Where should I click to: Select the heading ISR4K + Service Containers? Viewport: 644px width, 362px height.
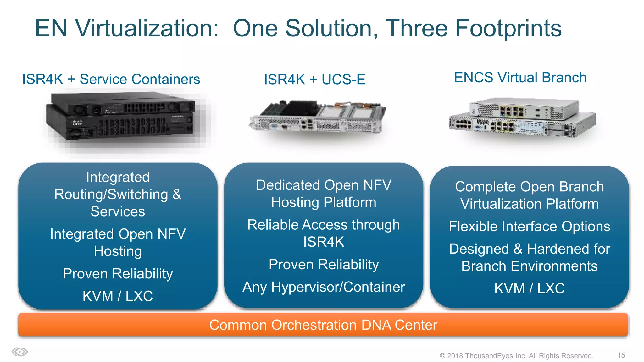(x=111, y=79)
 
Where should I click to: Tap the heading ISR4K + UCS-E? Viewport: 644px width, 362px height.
(x=314, y=80)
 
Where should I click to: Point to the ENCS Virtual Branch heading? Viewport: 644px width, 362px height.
(x=520, y=78)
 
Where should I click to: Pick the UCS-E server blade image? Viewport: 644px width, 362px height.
(x=318, y=117)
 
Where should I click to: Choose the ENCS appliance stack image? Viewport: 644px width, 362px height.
(x=522, y=118)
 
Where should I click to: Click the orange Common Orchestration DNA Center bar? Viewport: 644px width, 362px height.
(x=323, y=325)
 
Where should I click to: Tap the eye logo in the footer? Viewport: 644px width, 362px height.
(x=20, y=352)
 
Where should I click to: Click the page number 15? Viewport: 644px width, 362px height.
(x=621, y=355)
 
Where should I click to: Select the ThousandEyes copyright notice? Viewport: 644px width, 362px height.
(x=516, y=356)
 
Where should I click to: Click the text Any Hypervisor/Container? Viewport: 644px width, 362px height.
(x=324, y=287)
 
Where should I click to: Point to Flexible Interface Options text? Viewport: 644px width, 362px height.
(x=529, y=226)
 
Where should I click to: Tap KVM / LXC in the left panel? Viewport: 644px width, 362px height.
(x=118, y=296)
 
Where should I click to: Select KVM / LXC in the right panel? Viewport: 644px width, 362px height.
(x=529, y=288)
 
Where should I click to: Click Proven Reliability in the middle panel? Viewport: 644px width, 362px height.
(x=324, y=265)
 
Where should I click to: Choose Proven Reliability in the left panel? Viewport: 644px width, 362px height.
(x=118, y=274)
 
